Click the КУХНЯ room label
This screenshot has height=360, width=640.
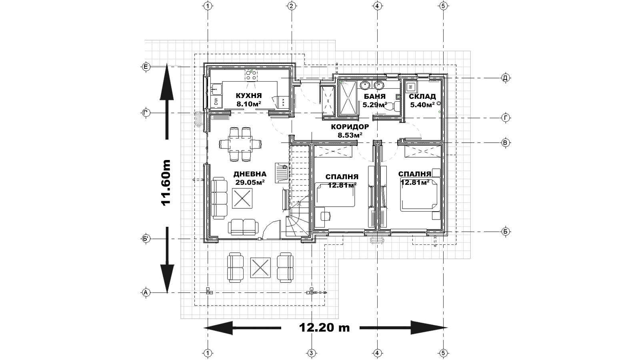[x=248, y=96]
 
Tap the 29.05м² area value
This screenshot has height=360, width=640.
[x=250, y=182]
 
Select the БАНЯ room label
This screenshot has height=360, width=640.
[x=374, y=96]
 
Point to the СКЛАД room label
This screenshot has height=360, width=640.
[x=422, y=96]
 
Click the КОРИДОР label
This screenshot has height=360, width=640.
[x=350, y=126]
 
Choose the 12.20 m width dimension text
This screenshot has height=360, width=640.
[x=324, y=328]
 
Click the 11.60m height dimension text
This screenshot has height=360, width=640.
[x=166, y=182]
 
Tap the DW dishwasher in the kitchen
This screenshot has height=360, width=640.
[x=216, y=101]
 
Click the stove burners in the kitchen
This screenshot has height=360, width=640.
[x=251, y=74]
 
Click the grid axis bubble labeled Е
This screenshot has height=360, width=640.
[x=146, y=67]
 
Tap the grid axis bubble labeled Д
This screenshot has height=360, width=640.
[x=506, y=78]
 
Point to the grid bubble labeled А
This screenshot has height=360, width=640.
[x=146, y=292]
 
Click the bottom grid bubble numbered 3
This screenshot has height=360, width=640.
[x=312, y=354]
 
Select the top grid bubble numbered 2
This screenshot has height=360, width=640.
[x=291, y=6]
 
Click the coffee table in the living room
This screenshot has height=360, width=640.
[x=242, y=198]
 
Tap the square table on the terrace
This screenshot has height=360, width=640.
[x=260, y=268]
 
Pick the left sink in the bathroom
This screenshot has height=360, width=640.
[x=364, y=85]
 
